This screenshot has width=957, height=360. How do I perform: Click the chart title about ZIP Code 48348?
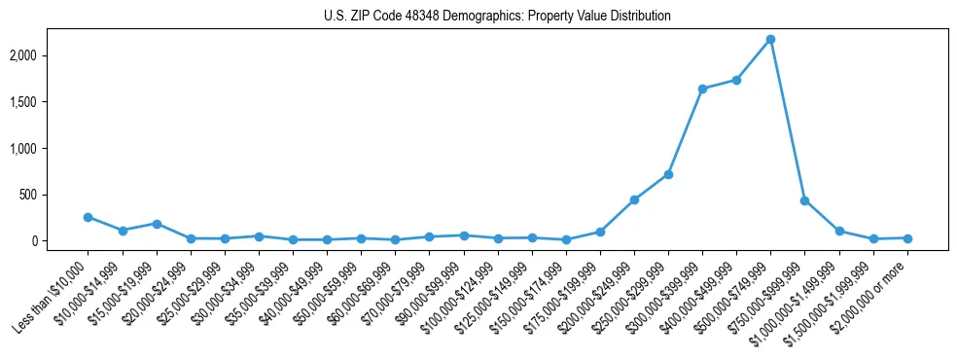[x=497, y=17]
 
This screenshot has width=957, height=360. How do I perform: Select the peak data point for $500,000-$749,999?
[x=770, y=39]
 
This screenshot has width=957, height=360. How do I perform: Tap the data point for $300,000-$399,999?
[x=702, y=89]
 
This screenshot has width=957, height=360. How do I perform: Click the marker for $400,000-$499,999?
[x=736, y=80]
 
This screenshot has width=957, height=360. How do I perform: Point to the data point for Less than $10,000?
[x=89, y=217]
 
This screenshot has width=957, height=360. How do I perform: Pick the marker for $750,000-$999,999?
[x=804, y=200]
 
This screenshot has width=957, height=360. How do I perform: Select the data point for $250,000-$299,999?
[x=668, y=174]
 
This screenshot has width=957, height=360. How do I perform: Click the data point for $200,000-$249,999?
[x=634, y=199]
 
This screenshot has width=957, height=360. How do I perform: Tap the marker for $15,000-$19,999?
[x=157, y=224]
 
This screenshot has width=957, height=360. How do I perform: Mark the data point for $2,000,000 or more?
[x=907, y=238]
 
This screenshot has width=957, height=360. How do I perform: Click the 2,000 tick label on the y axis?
[x=50, y=55]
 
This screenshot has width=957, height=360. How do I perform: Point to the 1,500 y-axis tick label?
[x=50, y=102]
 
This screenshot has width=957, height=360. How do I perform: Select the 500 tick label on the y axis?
[x=55, y=195]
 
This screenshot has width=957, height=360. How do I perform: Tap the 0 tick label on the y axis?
[x=61, y=241]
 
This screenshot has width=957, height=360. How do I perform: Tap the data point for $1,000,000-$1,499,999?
[x=838, y=232]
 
